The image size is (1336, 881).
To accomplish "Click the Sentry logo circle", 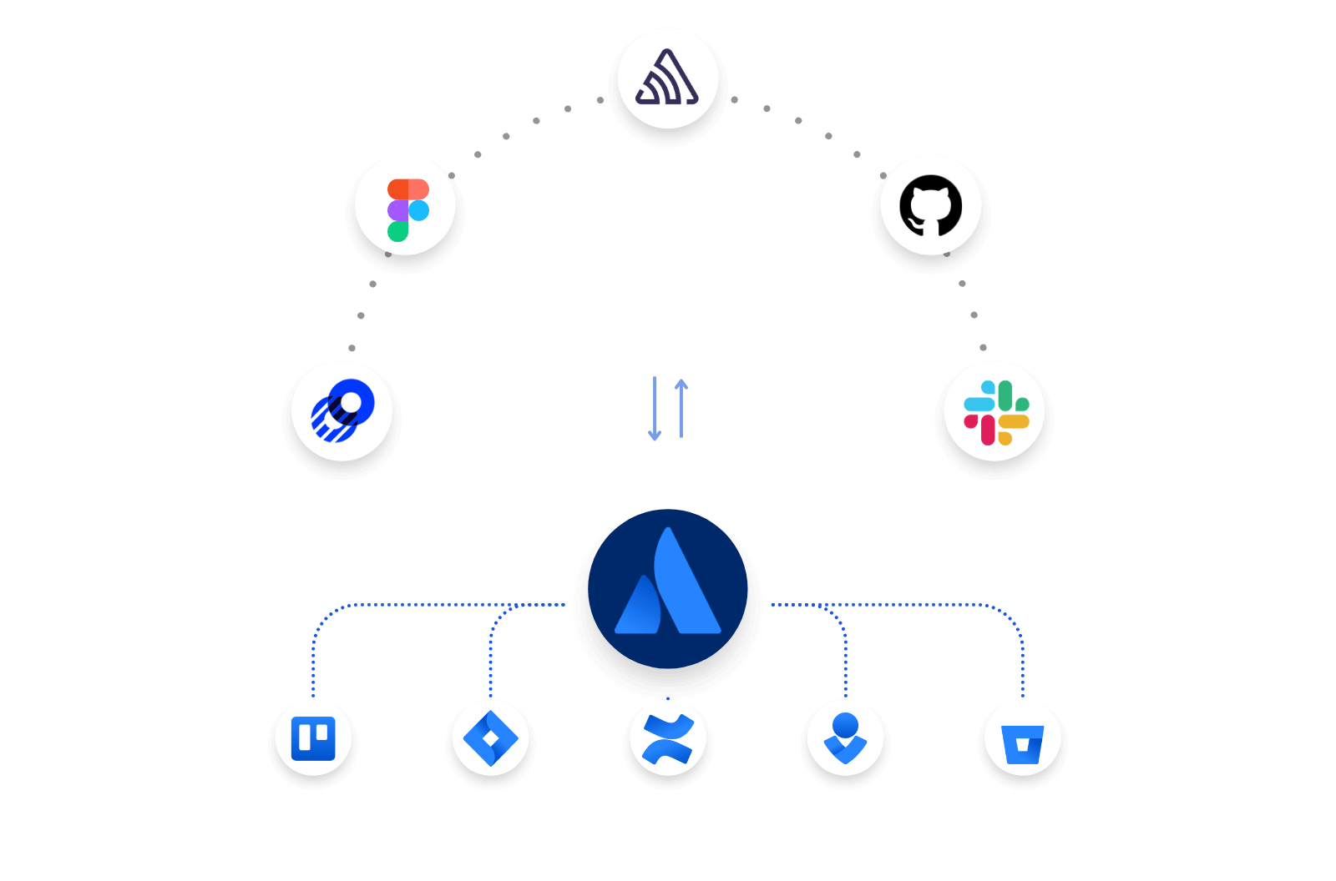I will pyautogui.click(x=668, y=78).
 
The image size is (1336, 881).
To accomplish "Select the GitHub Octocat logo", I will pyautogui.click(x=930, y=205).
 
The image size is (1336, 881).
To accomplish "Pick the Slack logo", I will pyautogui.click(x=994, y=411).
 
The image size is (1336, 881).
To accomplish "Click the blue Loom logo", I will pyautogui.click(x=342, y=410).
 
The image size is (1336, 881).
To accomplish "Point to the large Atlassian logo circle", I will pyautogui.click(x=668, y=589).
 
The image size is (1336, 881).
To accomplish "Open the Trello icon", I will pyautogui.click(x=313, y=738).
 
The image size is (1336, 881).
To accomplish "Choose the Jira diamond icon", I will pyautogui.click(x=491, y=738).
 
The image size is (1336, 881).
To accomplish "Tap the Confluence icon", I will pyautogui.click(x=668, y=738).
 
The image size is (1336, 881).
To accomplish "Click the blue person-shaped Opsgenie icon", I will pyautogui.click(x=846, y=738).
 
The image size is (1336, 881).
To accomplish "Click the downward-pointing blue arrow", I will pyautogui.click(x=655, y=409).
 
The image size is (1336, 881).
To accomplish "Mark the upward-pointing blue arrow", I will pyautogui.click(x=681, y=409).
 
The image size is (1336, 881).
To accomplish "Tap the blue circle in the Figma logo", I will pyautogui.click(x=418, y=210).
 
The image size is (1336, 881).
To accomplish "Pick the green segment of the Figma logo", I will pyautogui.click(x=397, y=231).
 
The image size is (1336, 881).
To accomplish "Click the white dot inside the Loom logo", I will pyautogui.click(x=351, y=403).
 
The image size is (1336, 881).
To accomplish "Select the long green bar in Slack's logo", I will pyautogui.click(x=1005, y=395).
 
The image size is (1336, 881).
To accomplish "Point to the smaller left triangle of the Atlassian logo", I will pyautogui.click(x=639, y=607).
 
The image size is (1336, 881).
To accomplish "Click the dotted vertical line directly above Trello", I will pyautogui.click(x=313, y=667).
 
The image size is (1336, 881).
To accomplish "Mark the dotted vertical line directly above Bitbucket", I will pyautogui.click(x=1023, y=667).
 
